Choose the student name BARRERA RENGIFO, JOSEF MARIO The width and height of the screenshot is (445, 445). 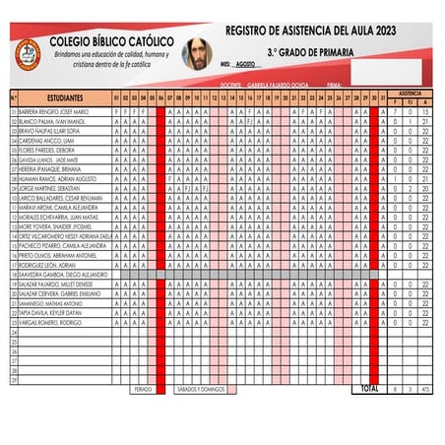(54, 112)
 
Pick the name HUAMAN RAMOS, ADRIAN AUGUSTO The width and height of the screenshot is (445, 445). (56, 178)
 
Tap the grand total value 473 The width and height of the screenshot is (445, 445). (424, 390)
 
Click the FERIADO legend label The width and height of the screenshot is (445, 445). (143, 389)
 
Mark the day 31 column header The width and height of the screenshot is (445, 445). (383, 99)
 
